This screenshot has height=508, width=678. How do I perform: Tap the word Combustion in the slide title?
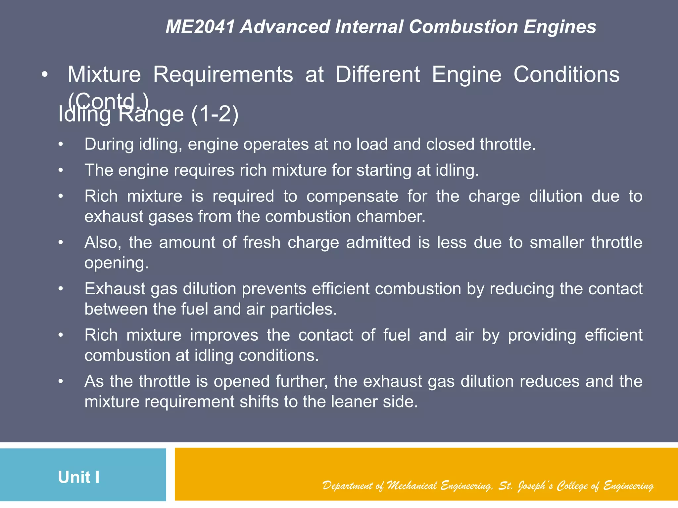(463, 27)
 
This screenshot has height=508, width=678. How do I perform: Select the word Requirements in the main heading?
(223, 74)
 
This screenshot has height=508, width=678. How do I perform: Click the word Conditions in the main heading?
(566, 74)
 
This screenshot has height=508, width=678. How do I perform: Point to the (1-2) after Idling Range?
(215, 114)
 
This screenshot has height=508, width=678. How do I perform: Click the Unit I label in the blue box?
(79, 477)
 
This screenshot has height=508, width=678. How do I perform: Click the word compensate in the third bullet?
(352, 196)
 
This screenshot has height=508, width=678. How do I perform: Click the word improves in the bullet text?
(224, 335)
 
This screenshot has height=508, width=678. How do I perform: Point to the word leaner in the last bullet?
(354, 402)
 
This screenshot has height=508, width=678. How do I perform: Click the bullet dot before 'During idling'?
(60, 145)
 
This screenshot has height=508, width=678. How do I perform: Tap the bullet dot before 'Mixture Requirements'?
(45, 75)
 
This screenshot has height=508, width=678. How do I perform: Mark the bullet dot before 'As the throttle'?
(60, 382)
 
